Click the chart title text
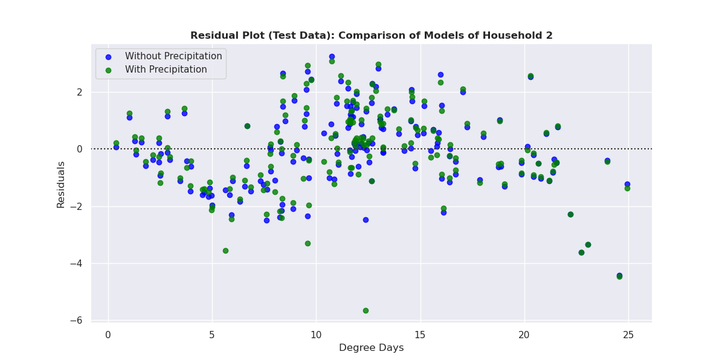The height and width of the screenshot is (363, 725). click(x=371, y=36)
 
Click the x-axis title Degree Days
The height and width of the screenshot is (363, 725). click(x=371, y=348)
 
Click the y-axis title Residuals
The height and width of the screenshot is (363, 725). click(x=60, y=185)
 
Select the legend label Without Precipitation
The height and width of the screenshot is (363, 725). click(x=173, y=56)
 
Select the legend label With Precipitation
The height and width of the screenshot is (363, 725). click(x=166, y=70)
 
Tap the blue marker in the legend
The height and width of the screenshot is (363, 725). click(x=108, y=56)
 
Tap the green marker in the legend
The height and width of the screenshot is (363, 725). click(x=108, y=70)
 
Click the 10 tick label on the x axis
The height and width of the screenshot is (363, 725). click(x=316, y=335)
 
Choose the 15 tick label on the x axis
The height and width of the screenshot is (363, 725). click(x=420, y=335)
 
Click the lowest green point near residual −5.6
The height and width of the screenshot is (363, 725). click(x=366, y=310)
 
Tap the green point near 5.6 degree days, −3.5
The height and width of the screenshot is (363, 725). click(x=225, y=250)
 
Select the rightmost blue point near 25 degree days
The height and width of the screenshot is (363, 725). click(x=627, y=184)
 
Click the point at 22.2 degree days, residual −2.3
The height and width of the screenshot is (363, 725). click(x=570, y=214)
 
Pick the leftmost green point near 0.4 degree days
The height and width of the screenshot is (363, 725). click(x=116, y=143)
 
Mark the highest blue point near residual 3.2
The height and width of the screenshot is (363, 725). click(x=332, y=56)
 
